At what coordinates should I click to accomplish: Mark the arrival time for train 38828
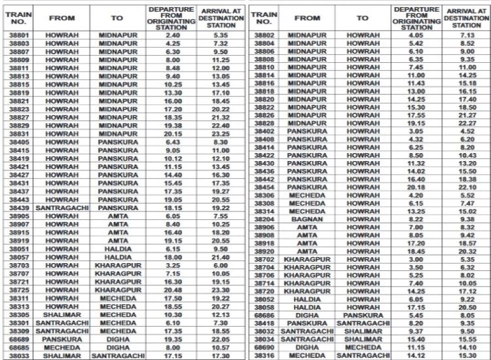pyautogui.click(x=467, y=122)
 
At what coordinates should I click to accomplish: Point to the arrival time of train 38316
pyautogui.click(x=467, y=355)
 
